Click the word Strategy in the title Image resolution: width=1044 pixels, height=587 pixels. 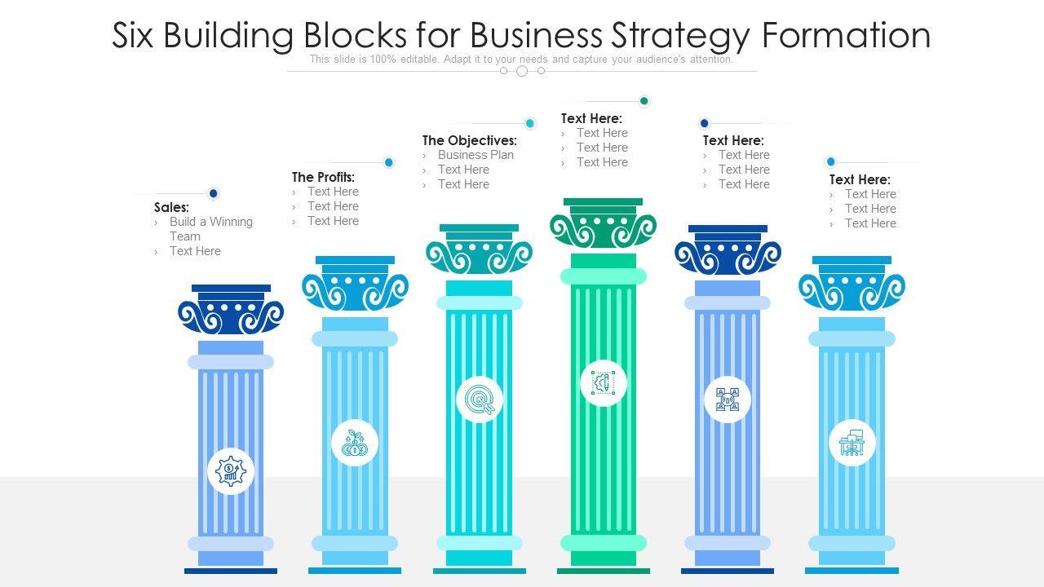coord(675,36)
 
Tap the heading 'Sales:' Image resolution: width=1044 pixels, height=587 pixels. coord(171,208)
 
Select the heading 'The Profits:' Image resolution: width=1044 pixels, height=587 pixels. coord(323,177)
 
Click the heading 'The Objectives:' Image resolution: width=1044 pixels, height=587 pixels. coord(469,140)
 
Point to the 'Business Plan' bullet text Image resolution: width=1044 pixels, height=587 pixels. coord(476,155)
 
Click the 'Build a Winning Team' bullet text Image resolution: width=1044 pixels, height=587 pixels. coord(210,229)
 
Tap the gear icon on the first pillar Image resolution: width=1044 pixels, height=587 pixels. coord(231,471)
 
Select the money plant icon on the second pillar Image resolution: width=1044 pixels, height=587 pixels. coord(355,444)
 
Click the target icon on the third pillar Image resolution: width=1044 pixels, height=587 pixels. coord(480,399)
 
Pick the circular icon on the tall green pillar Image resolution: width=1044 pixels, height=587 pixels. coord(604,382)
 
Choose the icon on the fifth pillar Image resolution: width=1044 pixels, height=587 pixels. coord(728,399)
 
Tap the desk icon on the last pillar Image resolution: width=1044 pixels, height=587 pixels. coord(852,444)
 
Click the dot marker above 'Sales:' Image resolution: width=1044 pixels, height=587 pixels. coord(214,193)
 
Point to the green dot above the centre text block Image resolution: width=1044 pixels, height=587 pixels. coord(644,101)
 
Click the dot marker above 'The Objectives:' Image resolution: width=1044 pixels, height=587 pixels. coord(530,123)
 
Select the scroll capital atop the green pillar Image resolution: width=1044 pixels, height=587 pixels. coord(604,226)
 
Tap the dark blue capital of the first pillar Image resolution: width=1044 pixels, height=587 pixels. coord(231,313)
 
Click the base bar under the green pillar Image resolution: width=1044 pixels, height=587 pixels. coord(604,571)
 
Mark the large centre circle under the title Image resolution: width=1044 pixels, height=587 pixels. coord(522,71)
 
